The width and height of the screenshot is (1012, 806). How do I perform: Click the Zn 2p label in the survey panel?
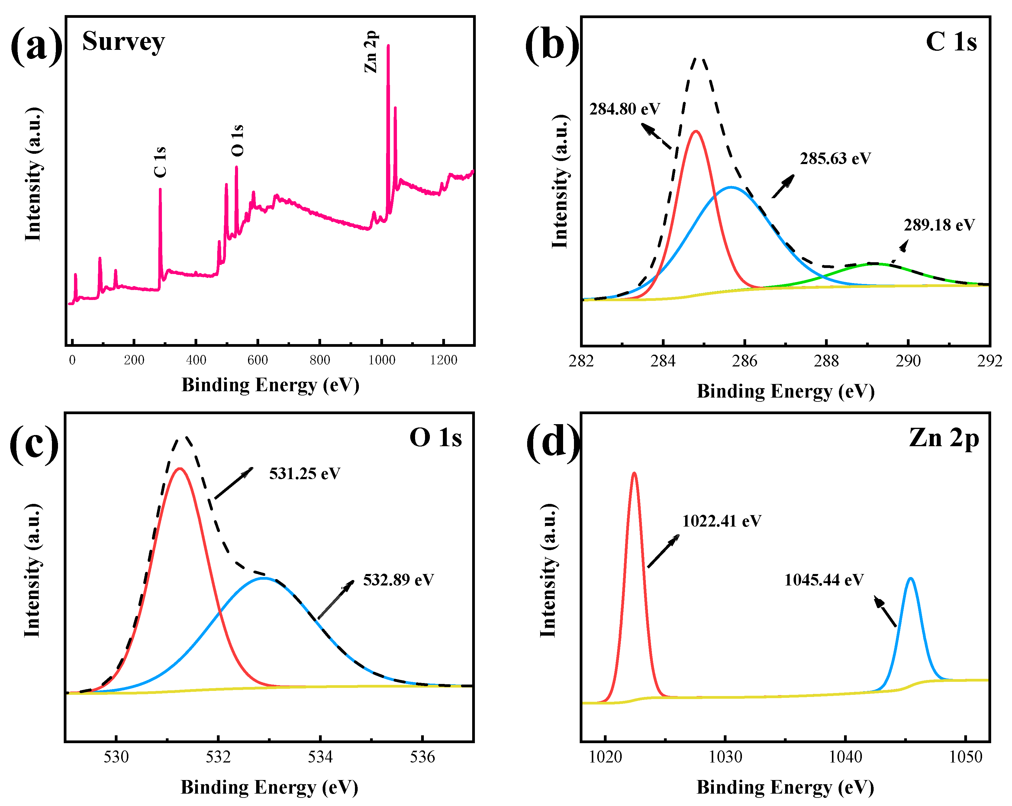371,52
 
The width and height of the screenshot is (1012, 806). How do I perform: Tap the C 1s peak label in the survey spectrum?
160,162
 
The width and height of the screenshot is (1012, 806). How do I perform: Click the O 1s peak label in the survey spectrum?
237,140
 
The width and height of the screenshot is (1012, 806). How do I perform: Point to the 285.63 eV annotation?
836,159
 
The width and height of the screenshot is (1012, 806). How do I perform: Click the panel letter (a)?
36,46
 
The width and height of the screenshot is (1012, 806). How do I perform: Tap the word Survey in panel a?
124,41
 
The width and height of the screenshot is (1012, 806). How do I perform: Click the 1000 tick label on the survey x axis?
382,360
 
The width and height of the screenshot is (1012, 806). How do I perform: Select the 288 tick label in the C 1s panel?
826,361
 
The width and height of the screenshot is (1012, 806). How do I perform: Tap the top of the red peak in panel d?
635,473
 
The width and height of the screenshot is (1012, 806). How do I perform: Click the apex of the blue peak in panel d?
910,578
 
